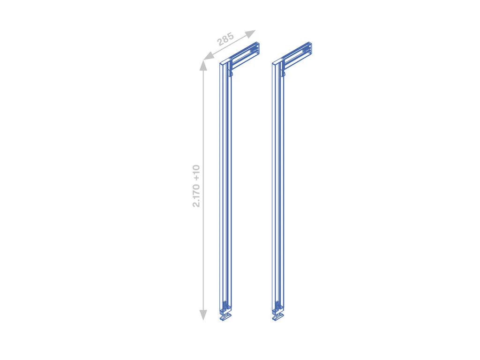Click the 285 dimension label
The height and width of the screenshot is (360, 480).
pos(225,39)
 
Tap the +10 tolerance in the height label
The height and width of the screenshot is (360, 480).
pos(196,173)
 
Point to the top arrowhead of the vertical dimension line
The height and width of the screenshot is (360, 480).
pos(203,65)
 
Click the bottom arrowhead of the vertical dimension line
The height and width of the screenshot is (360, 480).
pos(203,315)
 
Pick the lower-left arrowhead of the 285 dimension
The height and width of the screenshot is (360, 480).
pos(209,56)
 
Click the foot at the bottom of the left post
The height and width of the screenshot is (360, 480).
pos(225,316)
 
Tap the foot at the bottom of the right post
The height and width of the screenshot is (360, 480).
pos(278,316)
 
